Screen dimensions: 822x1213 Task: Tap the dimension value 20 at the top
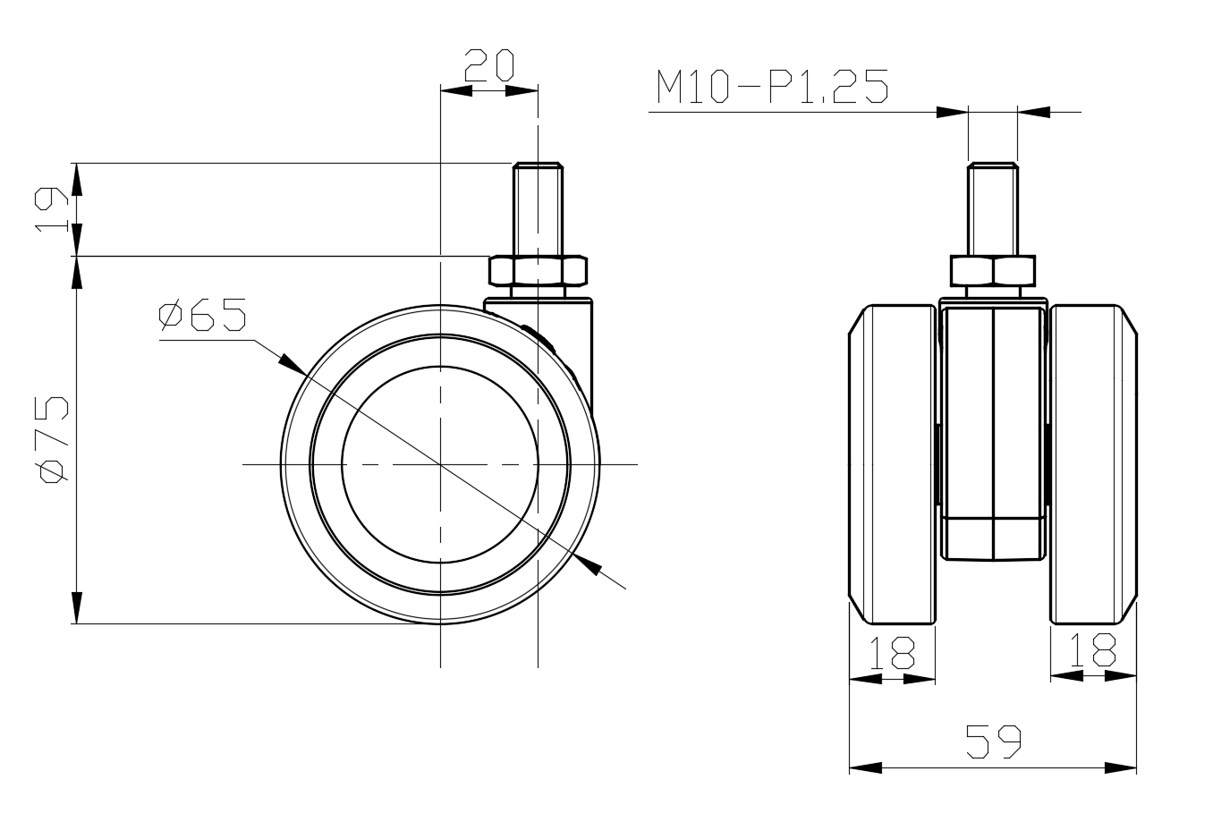488,65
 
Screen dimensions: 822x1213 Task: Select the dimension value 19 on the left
52,210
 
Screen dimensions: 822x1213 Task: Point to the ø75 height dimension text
54,438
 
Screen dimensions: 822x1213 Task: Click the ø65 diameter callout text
202,316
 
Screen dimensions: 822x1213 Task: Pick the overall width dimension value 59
993,742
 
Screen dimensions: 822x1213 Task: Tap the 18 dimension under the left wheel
892,652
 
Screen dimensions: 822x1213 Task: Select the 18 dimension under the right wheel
1093,652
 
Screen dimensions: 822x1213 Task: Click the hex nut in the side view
538,270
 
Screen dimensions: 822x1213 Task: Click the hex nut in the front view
993,270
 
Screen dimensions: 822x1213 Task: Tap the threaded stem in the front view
993,208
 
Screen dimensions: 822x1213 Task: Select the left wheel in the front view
893,464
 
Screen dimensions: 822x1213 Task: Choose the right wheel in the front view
1093,464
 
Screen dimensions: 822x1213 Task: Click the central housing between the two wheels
993,429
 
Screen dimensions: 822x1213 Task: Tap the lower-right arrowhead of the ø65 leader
588,564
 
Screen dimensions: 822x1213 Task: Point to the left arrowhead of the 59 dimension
864,767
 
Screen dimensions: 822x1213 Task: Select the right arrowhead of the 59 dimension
1122,767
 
